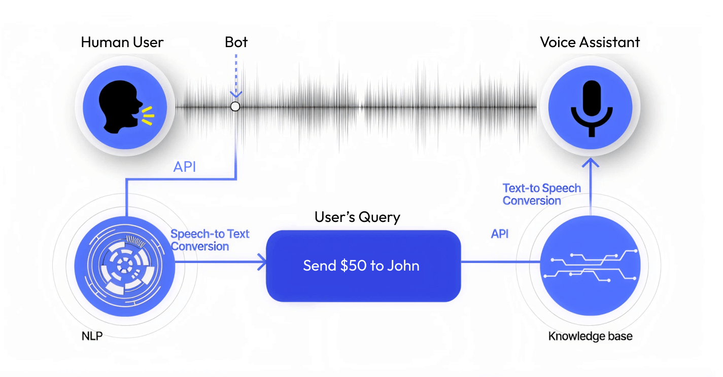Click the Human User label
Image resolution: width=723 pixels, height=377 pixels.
(122, 42)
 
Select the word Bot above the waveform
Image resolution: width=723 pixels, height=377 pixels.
(236, 42)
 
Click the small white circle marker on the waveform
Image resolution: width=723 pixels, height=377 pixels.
(235, 106)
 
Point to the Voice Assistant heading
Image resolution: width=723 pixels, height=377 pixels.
(590, 42)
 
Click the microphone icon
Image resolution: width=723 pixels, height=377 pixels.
(591, 107)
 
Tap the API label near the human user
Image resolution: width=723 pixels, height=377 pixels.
(185, 167)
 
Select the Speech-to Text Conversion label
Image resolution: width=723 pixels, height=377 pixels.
(210, 240)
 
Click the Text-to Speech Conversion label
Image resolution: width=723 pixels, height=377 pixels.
(541, 195)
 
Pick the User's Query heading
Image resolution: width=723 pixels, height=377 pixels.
(357, 217)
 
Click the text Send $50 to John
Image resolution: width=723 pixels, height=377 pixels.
(361, 266)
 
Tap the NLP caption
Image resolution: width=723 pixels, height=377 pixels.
(92, 336)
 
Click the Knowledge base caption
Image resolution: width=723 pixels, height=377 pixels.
(591, 336)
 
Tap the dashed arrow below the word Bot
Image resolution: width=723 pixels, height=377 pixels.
(236, 76)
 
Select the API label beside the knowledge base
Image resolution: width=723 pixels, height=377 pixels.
(500, 234)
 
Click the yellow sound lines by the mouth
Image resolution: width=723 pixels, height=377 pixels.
(148, 115)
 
